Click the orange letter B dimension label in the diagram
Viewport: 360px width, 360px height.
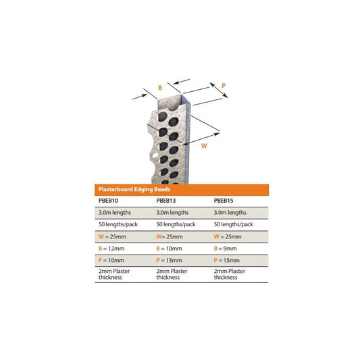click(x=160, y=88)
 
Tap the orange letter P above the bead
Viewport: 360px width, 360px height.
click(x=224, y=86)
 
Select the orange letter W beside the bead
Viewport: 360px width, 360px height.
click(x=204, y=146)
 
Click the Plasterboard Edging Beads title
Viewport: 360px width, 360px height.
click(x=134, y=189)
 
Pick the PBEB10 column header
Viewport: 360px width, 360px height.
click(x=108, y=201)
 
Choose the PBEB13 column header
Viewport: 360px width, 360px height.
click(x=165, y=201)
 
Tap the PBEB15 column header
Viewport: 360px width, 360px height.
click(x=224, y=201)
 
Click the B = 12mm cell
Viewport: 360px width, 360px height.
click(x=111, y=249)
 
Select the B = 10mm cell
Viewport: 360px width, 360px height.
click(x=169, y=249)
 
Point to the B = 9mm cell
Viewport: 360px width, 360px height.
click(x=225, y=249)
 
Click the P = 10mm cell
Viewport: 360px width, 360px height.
click(x=111, y=260)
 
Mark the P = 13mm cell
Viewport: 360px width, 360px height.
click(x=169, y=260)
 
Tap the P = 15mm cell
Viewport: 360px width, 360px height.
click(x=227, y=260)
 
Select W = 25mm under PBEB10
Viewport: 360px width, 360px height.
click(x=112, y=236)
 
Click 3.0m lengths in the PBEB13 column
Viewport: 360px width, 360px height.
click(x=172, y=213)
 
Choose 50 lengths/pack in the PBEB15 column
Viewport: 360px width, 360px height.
click(x=234, y=224)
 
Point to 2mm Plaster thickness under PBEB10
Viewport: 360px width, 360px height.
click(x=114, y=274)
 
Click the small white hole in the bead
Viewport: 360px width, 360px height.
click(x=155, y=155)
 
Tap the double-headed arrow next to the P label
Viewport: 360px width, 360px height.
click(x=219, y=91)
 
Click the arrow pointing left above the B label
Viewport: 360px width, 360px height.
click(x=182, y=81)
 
